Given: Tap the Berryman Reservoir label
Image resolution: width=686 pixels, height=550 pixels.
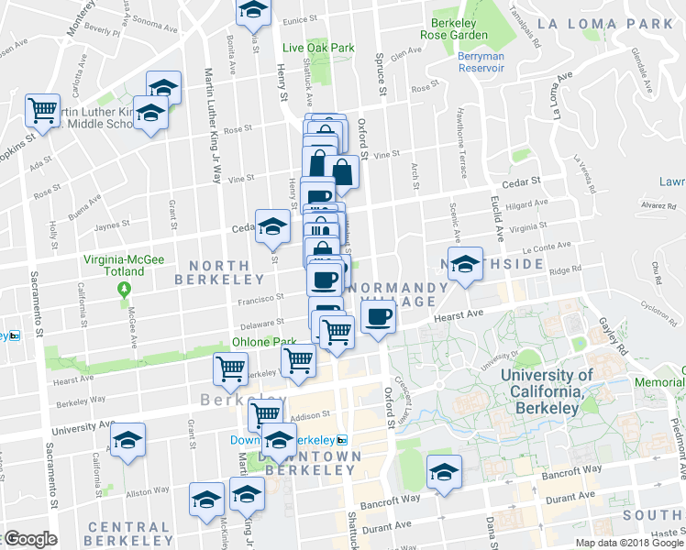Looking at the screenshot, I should coord(481,62).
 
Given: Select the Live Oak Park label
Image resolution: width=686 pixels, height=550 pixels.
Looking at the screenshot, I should coord(318,48).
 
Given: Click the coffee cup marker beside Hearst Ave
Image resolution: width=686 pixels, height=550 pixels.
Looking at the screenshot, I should coord(378,317).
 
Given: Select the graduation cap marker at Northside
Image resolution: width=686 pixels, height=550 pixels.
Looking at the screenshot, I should coord(465,263).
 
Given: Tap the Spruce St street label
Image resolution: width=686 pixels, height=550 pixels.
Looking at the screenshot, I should coord(379,69).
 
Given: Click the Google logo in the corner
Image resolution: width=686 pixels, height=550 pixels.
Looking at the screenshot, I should coord(30,540).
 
